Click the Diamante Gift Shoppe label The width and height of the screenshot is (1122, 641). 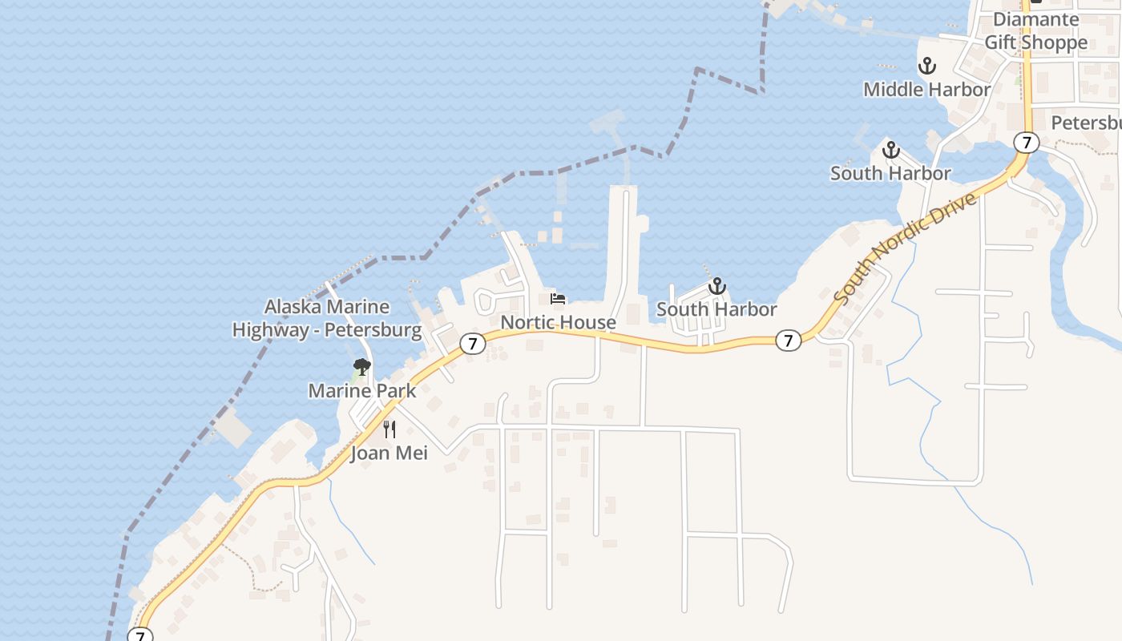(x=1035, y=30)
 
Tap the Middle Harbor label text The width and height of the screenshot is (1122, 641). (x=926, y=90)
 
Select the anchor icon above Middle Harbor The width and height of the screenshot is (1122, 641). (x=927, y=66)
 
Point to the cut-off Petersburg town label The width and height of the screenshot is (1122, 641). (x=1086, y=123)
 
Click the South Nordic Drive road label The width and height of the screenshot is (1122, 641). (x=906, y=248)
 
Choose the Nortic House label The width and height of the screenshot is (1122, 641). (x=559, y=323)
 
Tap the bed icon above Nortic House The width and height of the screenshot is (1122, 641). (x=558, y=299)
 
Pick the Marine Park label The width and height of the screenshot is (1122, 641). (x=362, y=391)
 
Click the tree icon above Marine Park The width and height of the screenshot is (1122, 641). (x=361, y=368)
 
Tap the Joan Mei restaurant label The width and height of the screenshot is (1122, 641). (x=389, y=453)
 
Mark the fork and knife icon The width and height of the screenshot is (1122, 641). (x=389, y=429)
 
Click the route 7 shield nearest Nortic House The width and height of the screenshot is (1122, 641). (x=473, y=344)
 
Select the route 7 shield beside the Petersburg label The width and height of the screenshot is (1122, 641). (x=1026, y=143)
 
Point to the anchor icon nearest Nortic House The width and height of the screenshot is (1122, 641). (x=716, y=286)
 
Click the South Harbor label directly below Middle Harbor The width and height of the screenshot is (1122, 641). (x=890, y=173)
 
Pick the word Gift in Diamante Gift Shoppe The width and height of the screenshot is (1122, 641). (x=1000, y=42)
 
